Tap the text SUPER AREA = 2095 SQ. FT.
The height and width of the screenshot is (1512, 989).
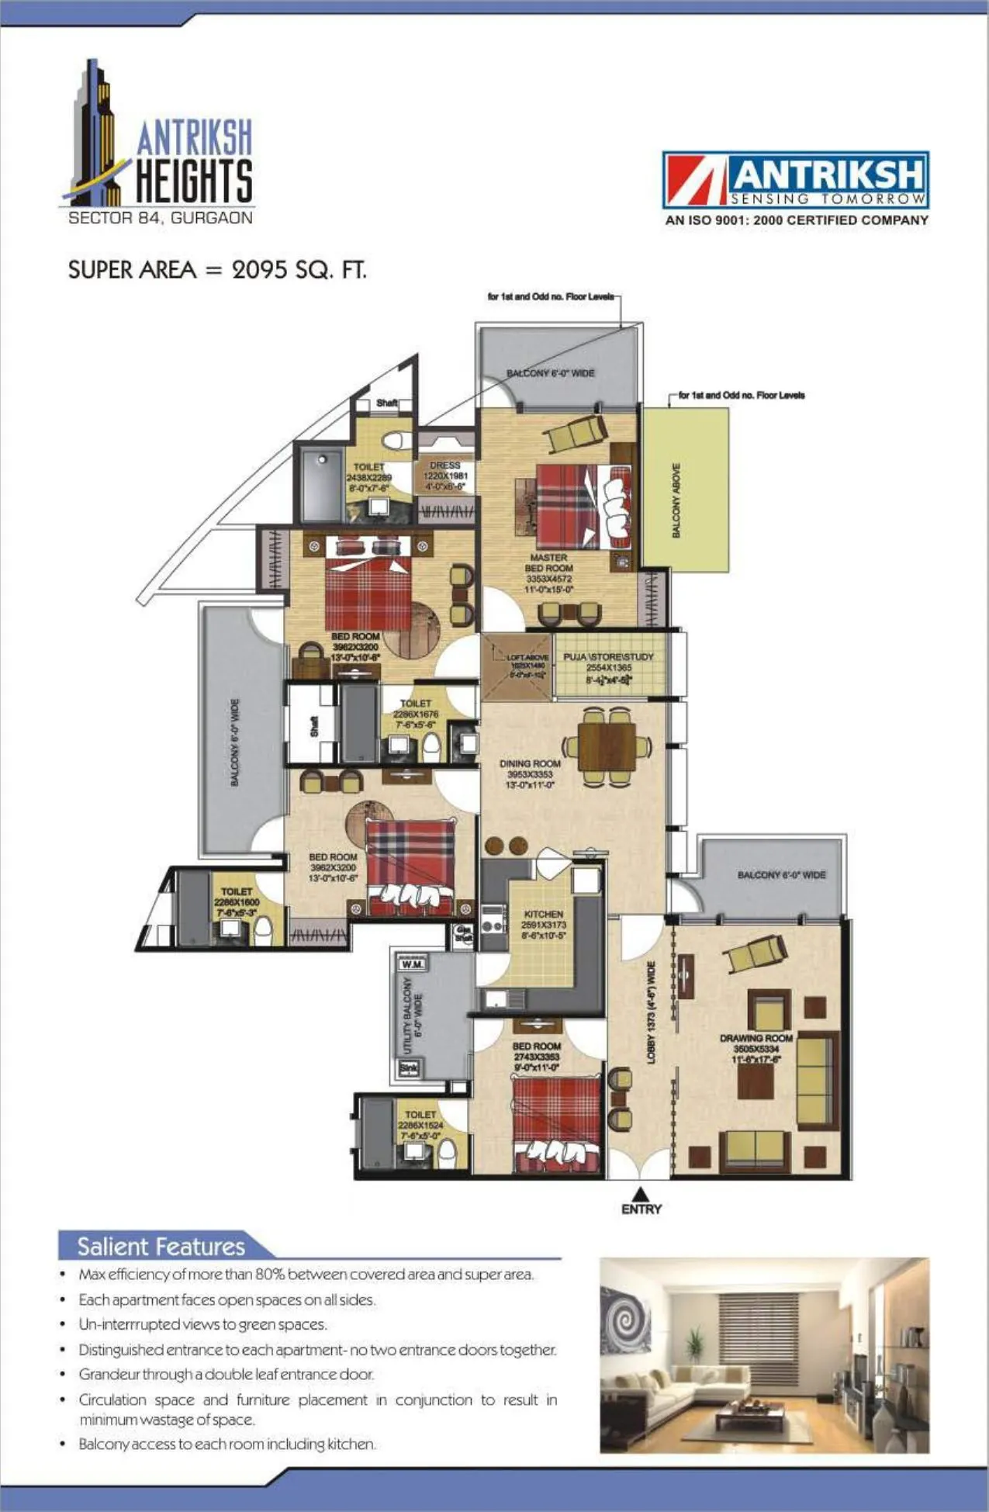click(217, 270)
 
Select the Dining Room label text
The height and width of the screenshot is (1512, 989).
click(530, 764)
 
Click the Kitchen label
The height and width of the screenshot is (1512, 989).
click(543, 915)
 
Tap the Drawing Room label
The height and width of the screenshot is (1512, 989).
click(756, 1038)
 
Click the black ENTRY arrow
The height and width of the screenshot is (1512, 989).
click(641, 1194)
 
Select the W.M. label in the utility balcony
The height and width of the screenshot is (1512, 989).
click(412, 964)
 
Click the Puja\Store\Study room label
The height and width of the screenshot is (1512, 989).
click(608, 657)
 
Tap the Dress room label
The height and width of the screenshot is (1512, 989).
click(445, 465)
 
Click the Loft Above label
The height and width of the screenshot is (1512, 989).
click(527, 657)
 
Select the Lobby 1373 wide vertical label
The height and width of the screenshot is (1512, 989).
click(652, 1012)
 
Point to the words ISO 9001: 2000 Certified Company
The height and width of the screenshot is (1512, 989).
click(796, 220)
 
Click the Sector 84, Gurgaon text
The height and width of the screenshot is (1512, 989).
click(160, 218)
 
